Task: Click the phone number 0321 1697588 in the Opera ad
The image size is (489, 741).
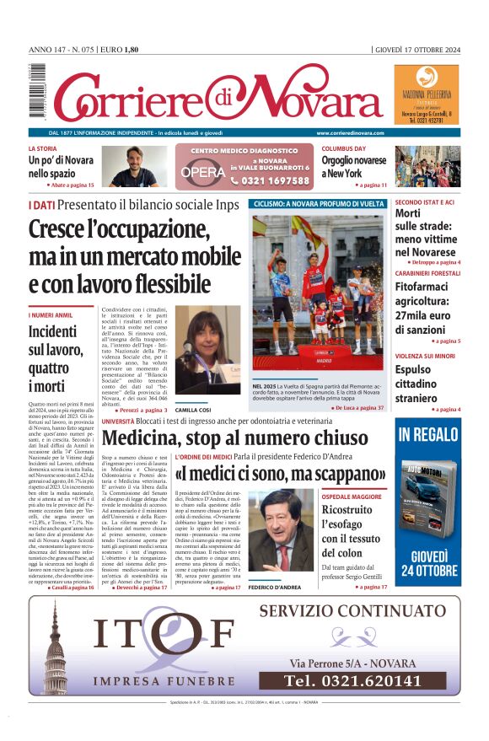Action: tap(269, 180)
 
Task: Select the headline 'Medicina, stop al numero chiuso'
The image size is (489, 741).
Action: tap(235, 438)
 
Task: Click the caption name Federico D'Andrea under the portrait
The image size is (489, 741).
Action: tap(298, 587)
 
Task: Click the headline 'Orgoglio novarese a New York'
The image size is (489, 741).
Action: tap(366, 167)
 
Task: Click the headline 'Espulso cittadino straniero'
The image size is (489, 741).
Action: tap(424, 384)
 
